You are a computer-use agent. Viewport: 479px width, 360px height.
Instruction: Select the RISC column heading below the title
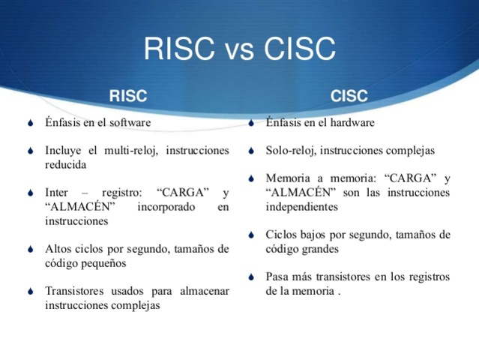point(128,97)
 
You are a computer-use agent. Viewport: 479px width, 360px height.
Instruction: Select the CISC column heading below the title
point(349,97)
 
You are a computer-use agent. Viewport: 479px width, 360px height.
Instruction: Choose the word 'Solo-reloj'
point(289,150)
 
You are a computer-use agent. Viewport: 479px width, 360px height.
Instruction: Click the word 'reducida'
point(66,163)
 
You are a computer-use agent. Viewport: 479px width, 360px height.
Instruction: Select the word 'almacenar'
point(202,291)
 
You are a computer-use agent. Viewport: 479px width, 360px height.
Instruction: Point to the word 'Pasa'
point(277,277)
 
